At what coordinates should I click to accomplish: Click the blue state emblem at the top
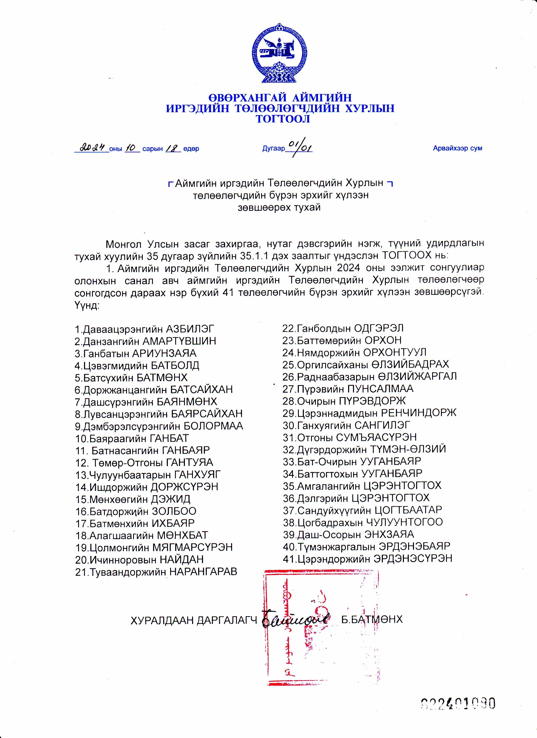280,53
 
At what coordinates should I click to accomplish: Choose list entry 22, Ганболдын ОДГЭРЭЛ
343,328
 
